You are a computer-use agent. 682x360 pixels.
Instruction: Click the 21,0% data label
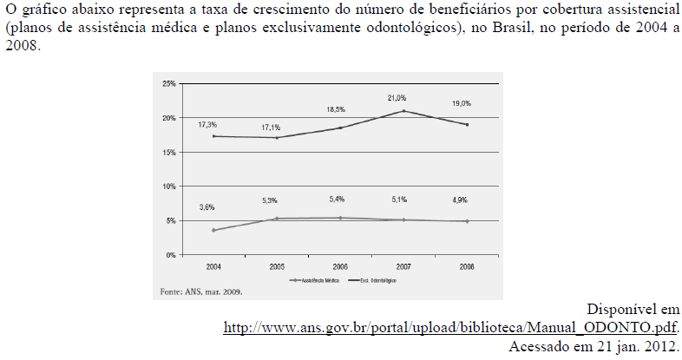(x=397, y=98)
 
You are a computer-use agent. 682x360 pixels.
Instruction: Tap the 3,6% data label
(x=207, y=207)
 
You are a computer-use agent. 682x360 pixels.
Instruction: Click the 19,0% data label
(x=461, y=103)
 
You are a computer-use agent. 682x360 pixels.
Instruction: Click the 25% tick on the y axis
(x=169, y=83)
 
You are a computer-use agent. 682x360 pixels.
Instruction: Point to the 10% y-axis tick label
(x=169, y=187)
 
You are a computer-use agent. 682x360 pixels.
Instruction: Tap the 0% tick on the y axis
(x=171, y=255)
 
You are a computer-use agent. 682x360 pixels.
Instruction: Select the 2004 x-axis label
(x=213, y=265)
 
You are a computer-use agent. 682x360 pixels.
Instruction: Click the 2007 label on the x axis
(x=403, y=265)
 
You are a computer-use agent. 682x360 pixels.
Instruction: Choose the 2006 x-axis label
(x=340, y=265)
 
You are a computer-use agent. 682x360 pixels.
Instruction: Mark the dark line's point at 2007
(x=403, y=111)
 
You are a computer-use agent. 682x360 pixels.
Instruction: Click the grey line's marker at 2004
(x=213, y=230)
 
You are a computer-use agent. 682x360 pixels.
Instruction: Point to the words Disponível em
(x=633, y=310)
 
